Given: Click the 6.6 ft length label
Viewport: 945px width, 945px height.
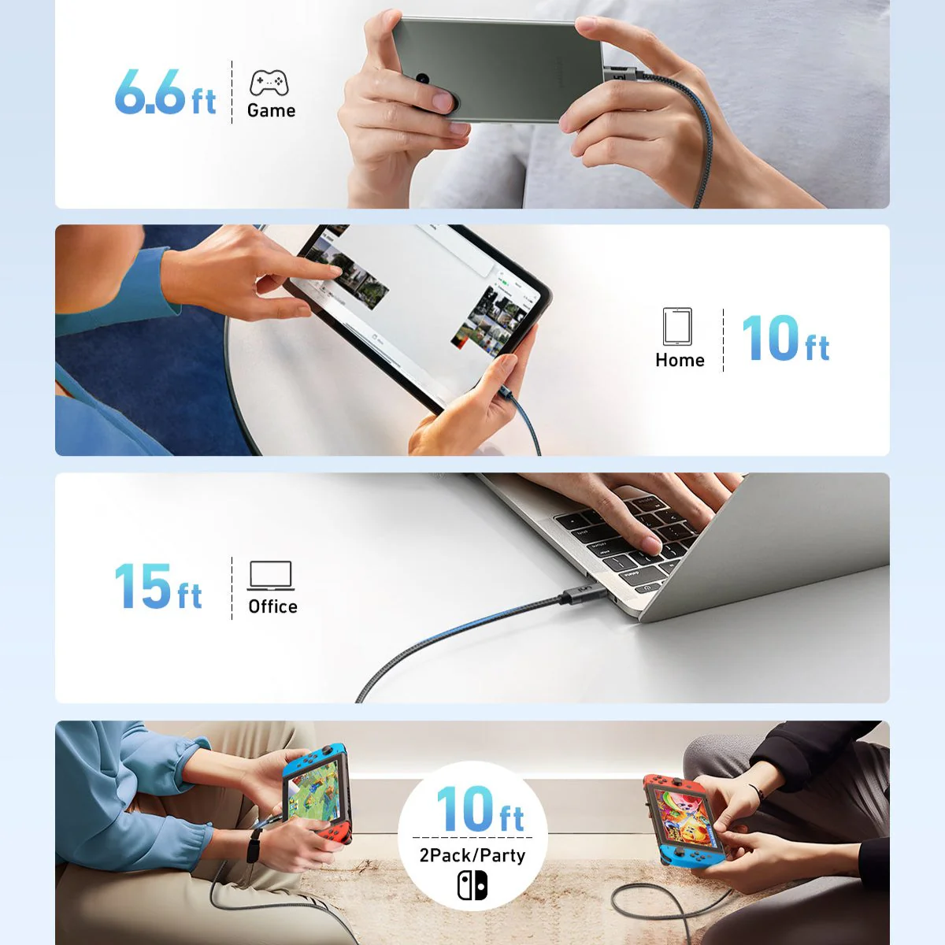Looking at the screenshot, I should click(x=165, y=92).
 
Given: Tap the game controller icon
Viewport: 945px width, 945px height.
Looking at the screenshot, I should click(x=269, y=83).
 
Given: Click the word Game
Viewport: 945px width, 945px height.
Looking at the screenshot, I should click(x=271, y=110).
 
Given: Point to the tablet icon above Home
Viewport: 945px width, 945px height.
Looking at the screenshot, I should click(x=677, y=326).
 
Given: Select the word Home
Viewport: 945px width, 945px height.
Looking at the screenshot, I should click(x=680, y=360).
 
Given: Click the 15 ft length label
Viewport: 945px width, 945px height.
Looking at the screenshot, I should click(x=158, y=587).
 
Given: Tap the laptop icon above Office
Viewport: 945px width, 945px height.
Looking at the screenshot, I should click(x=271, y=575).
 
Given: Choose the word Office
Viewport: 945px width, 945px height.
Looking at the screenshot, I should click(x=272, y=606).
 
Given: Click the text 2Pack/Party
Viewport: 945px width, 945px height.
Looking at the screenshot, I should click(x=472, y=855).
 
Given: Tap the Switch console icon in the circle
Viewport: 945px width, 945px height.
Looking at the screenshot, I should click(x=472, y=885).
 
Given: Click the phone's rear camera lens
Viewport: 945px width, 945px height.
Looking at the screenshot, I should click(x=423, y=80).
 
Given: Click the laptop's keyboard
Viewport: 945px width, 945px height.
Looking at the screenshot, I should click(x=622, y=535).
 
